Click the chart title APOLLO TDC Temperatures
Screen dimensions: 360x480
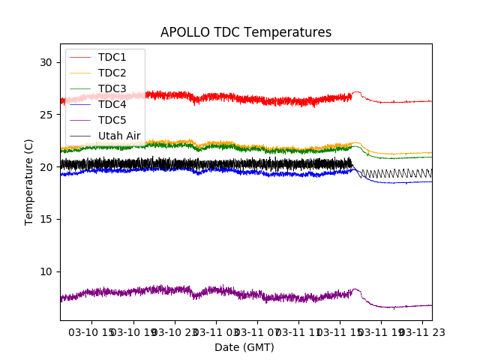(x=246, y=32)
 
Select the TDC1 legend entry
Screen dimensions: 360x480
(x=112, y=57)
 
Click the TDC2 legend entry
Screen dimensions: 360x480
(x=112, y=73)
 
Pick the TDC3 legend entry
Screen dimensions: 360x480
(x=112, y=88)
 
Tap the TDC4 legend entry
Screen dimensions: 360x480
(x=112, y=104)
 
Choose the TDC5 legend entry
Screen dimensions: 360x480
(x=112, y=120)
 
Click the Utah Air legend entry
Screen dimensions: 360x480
(x=119, y=136)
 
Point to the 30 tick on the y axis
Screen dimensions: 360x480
(x=46, y=62)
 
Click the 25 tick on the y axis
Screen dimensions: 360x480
(x=46, y=115)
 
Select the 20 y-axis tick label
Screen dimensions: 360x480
(x=46, y=167)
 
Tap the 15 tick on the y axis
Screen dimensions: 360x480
(x=46, y=219)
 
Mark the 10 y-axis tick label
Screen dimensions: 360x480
(x=46, y=271)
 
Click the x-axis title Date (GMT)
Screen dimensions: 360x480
(x=244, y=347)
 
